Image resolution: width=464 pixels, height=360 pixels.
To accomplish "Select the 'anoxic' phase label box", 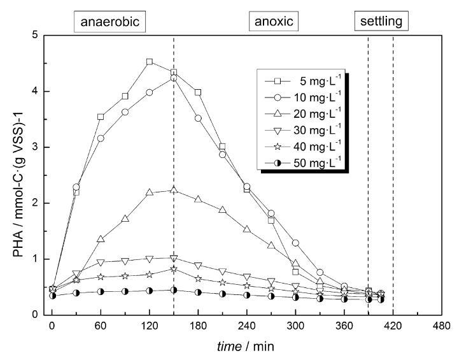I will click(x=274, y=22).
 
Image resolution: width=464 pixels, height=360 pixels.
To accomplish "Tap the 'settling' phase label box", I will click(x=381, y=22).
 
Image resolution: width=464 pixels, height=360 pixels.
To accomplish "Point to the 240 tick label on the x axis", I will click(x=246, y=326).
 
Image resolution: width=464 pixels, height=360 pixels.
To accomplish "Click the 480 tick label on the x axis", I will click(x=440, y=326).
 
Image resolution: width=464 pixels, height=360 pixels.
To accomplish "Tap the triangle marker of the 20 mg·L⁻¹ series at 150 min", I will click(x=174, y=190).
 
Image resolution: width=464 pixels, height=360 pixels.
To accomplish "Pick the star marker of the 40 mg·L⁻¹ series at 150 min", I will click(x=174, y=269).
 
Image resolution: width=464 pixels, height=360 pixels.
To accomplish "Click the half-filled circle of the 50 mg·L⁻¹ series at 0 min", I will click(x=52, y=296).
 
